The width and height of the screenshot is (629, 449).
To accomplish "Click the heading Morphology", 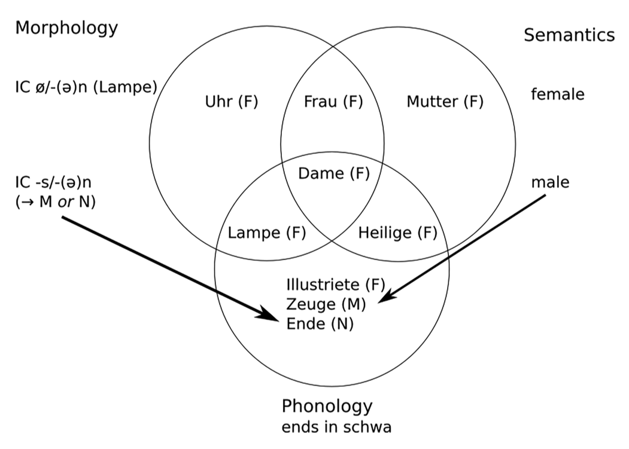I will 66,28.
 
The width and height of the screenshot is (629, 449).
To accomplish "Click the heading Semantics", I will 569,35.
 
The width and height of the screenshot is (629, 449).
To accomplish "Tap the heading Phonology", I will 327,407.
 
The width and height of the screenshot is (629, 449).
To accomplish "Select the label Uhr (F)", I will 231,102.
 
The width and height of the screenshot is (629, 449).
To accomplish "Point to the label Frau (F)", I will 333,102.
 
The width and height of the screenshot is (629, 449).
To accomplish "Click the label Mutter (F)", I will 445,102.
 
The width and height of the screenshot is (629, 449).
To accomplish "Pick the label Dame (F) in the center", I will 333,174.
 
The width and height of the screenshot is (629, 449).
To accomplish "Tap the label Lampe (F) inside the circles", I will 268,233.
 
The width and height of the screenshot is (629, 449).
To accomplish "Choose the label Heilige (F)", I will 397,233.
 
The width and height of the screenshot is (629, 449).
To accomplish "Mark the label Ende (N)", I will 320,324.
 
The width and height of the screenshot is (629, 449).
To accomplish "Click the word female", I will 557,94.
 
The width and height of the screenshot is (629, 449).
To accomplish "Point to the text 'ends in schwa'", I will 336,427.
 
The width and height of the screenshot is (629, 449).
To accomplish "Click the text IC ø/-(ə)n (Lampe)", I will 86,87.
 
